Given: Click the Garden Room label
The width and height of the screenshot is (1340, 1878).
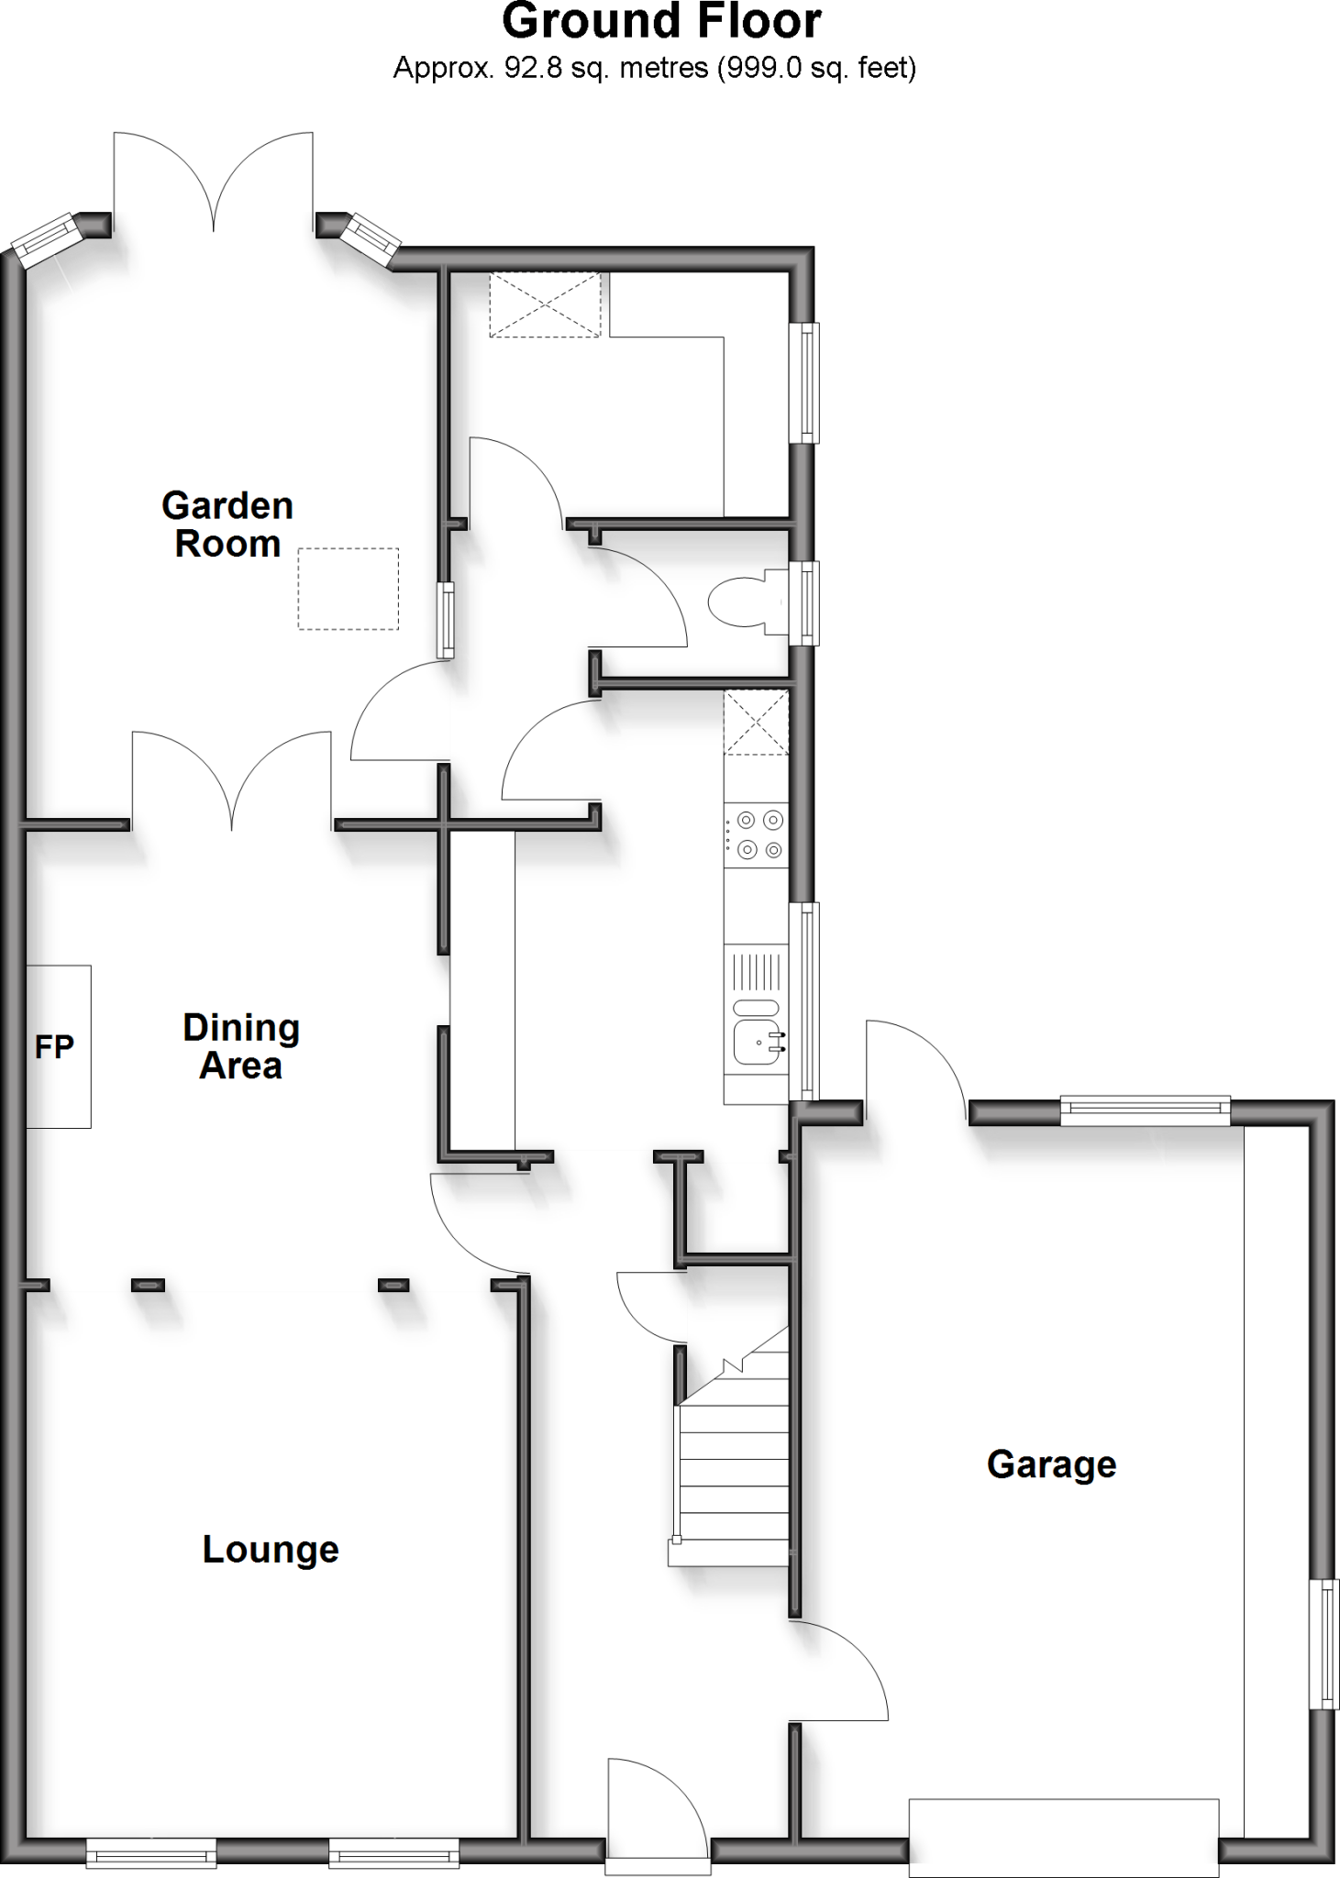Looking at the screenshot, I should (x=227, y=525).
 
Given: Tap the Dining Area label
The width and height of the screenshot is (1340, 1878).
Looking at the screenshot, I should (x=241, y=1046).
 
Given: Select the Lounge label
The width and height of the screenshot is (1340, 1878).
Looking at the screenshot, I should (x=271, y=1549).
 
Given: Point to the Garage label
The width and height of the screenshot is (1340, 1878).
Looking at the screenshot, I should (x=1051, y=1464).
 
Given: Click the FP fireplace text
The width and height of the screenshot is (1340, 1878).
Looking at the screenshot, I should (x=54, y=1046).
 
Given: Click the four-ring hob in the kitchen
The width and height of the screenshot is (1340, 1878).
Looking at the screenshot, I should (x=757, y=834).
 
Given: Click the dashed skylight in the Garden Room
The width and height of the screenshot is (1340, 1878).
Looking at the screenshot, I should (x=348, y=589).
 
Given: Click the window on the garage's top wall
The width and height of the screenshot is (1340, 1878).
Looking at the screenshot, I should (x=1145, y=1111).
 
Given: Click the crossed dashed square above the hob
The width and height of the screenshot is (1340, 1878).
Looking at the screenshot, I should (x=756, y=723).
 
